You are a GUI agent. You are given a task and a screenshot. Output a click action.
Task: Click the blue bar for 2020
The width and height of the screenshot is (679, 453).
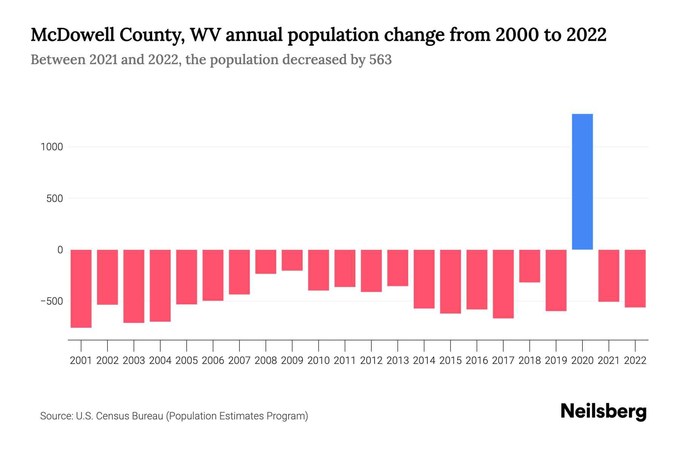point(582,182)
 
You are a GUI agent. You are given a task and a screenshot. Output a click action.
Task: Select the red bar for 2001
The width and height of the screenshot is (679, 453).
point(81,288)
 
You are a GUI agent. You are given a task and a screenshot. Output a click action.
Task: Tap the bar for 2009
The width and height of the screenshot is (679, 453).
point(292,260)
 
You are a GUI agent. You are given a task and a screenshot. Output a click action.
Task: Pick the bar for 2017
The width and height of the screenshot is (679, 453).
point(503,284)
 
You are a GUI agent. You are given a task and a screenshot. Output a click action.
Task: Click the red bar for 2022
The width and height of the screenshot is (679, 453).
point(635,278)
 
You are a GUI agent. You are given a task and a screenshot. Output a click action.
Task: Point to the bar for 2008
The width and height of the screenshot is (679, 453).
point(266,262)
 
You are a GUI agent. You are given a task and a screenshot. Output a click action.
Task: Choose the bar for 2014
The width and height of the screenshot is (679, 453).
point(424,279)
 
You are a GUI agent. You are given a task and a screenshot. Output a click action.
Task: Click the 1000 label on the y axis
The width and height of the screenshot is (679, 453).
point(52,147)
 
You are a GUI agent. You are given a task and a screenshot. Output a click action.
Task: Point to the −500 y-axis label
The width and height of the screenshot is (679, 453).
point(52,301)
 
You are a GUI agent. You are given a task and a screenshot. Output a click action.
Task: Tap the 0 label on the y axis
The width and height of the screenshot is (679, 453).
point(60,250)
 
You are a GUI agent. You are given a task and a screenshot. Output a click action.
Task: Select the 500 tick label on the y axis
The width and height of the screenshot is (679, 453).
point(55,199)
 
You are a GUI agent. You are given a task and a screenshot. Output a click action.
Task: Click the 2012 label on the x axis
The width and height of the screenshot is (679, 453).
point(371,361)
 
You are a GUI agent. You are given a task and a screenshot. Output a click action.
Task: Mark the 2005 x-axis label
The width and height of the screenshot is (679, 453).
point(186,361)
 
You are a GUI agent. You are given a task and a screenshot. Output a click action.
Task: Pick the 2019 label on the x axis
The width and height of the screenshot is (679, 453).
point(556,361)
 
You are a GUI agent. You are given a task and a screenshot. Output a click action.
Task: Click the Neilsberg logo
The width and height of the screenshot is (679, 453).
point(604,411)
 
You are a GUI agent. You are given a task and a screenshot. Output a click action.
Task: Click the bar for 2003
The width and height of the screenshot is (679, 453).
point(134,286)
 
